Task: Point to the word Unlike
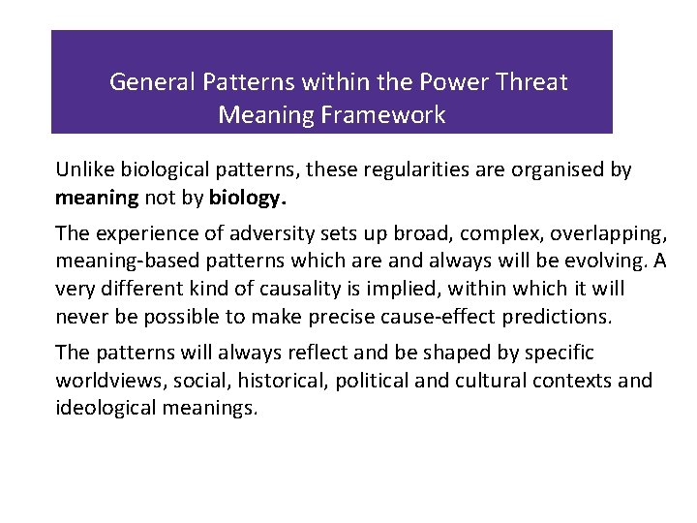[83, 170]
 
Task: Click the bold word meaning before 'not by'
[97, 198]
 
